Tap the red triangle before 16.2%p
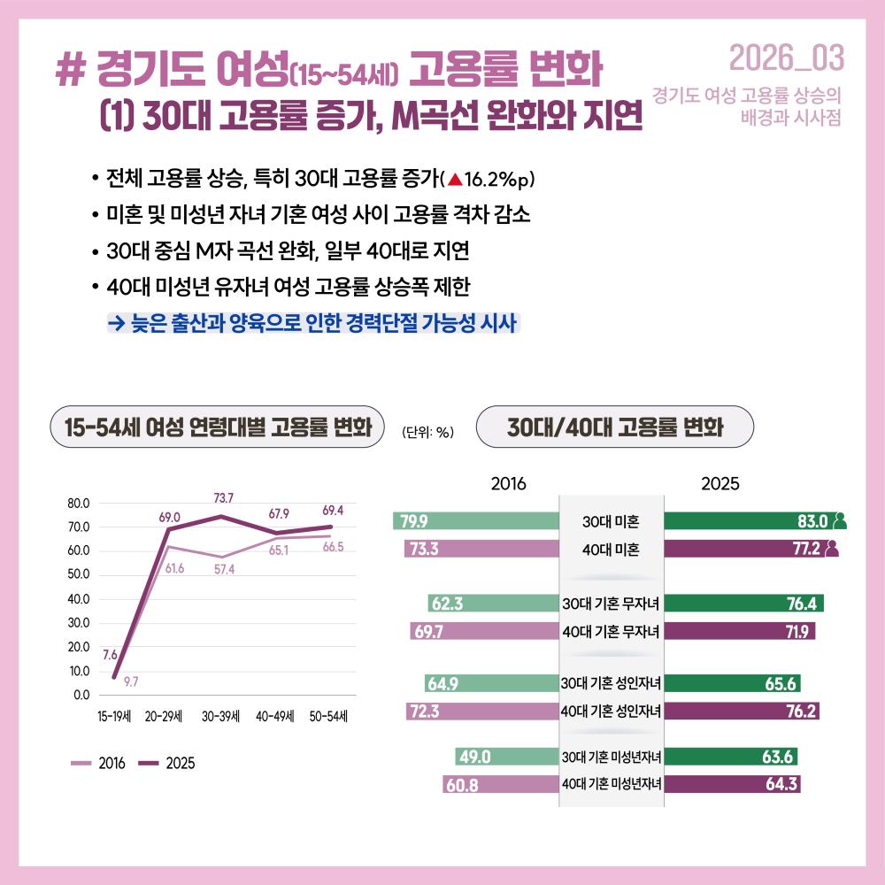(454, 180)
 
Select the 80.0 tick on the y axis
(79, 504)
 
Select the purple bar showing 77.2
(743, 549)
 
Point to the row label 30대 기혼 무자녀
(612, 604)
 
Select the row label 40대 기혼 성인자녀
(612, 710)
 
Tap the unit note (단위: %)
(427, 432)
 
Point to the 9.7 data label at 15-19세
(130, 681)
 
